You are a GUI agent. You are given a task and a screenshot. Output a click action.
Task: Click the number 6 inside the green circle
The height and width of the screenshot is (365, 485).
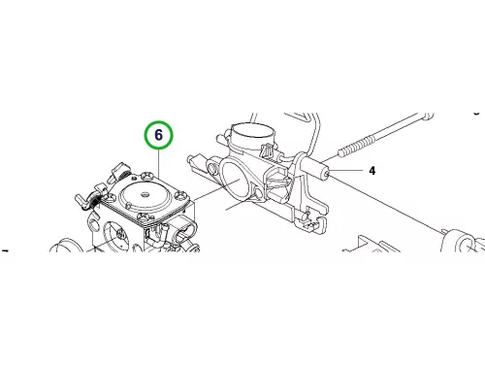pos(158,135)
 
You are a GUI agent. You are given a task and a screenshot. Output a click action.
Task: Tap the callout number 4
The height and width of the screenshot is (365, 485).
pos(372,171)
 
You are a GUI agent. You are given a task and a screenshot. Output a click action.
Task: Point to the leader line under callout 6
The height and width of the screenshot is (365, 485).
pos(159,163)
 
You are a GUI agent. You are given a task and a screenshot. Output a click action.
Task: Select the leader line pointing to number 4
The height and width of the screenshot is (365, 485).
pos(345,170)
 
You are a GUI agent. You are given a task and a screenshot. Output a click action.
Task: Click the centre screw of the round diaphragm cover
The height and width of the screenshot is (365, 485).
pos(145,194)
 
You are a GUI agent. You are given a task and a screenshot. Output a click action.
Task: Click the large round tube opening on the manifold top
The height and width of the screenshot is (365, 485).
pos(252,130)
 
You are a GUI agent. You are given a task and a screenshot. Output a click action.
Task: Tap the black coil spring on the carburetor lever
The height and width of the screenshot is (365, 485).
pos(96,202)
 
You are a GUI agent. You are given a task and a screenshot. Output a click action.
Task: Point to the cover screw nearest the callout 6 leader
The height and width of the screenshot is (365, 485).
pos(147,175)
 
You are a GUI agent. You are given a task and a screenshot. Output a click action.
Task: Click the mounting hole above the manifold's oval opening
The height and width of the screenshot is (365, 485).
pos(212,168)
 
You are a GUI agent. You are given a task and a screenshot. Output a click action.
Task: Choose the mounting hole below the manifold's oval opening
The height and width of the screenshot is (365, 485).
pos(258,193)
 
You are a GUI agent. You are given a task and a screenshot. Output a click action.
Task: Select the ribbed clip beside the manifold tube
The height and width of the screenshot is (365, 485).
pos(267,149)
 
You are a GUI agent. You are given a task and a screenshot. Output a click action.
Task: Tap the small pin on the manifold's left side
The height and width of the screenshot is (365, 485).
pos(192,159)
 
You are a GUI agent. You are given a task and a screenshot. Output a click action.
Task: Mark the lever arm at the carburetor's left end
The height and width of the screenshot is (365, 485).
pos(84,200)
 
